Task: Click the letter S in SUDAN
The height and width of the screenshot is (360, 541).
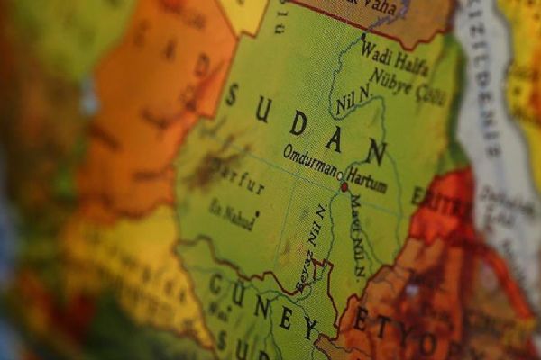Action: coord(232,94)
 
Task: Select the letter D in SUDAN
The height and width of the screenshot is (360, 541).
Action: coord(298,124)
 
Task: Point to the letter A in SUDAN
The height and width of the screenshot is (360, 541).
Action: coord(334,139)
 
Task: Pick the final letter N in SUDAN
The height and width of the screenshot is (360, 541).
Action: coord(375,154)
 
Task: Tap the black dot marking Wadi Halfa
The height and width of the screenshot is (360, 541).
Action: coord(363,37)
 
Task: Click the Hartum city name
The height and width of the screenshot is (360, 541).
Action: coord(366,184)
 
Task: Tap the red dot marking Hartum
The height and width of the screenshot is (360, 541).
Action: coord(344,187)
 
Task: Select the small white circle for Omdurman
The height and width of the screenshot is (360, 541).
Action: coord(340,176)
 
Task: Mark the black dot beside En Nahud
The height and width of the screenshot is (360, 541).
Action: coord(257,213)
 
